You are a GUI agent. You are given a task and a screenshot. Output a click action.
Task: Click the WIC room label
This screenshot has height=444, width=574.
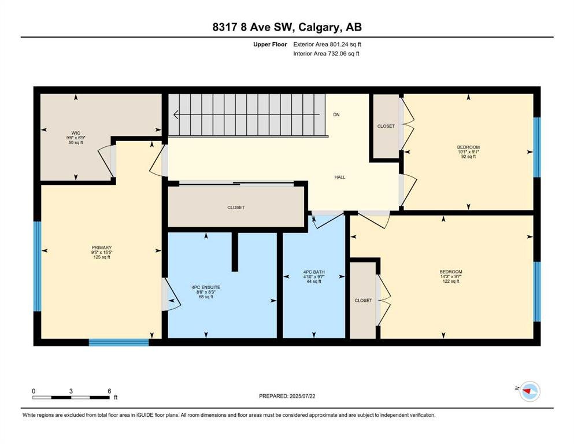point(76,133)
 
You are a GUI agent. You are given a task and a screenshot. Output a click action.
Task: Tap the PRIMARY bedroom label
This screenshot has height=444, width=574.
point(102,248)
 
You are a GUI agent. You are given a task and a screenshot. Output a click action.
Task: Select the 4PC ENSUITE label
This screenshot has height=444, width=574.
point(206,287)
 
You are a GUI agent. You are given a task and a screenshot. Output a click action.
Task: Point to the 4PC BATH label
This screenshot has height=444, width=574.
point(314,272)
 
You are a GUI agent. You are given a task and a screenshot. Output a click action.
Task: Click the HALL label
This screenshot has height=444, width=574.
point(340,177)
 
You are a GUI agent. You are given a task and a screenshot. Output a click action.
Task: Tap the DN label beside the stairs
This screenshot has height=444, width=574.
point(336,114)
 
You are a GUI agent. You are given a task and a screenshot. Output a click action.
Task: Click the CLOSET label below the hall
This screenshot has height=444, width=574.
point(236,208)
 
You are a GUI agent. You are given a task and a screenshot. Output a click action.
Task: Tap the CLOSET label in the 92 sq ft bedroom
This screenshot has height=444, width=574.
point(386,126)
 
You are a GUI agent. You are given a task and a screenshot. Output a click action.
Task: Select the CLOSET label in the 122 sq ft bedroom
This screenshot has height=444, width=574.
point(363,301)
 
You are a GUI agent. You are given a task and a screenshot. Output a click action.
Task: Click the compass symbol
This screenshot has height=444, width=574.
point(529,391)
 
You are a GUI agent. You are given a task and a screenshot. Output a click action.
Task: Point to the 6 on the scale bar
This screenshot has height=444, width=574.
point(109,391)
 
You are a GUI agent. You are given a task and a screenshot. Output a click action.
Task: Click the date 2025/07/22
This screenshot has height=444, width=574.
point(302,396)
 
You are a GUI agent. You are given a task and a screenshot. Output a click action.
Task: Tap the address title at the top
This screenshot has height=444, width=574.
point(287,27)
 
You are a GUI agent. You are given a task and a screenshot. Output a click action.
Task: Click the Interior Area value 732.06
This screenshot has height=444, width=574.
point(337,53)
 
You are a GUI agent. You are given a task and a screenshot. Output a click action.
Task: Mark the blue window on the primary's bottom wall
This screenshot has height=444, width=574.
point(119,343)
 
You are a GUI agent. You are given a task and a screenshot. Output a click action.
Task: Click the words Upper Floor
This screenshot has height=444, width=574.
point(270,45)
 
